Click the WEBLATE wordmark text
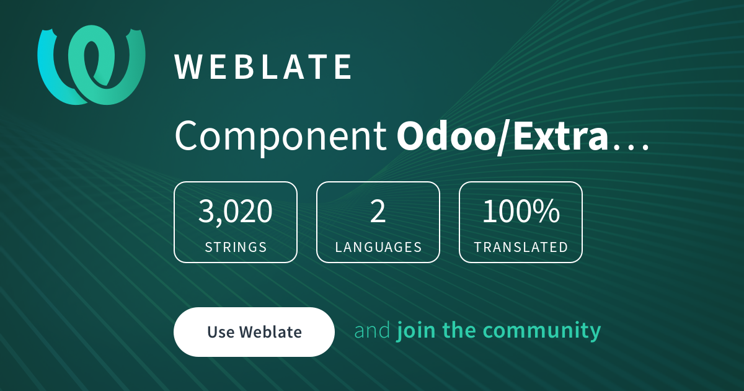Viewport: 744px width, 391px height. point(263,67)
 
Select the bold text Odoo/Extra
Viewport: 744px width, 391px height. point(502,137)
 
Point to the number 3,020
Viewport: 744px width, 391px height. point(235,212)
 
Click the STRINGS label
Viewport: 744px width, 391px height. point(236,248)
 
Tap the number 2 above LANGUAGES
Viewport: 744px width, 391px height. point(378,212)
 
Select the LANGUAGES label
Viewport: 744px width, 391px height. point(378,248)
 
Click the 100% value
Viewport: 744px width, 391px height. point(521,212)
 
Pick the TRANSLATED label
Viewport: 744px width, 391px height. point(521,248)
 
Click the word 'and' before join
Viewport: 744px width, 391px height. point(372,330)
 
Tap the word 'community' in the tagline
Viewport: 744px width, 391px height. point(542,331)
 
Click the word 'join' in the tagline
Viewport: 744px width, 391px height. point(416,331)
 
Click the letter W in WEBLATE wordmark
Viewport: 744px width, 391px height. point(188,67)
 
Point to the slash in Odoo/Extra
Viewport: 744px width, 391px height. point(504,137)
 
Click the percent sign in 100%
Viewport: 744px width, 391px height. point(548,212)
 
